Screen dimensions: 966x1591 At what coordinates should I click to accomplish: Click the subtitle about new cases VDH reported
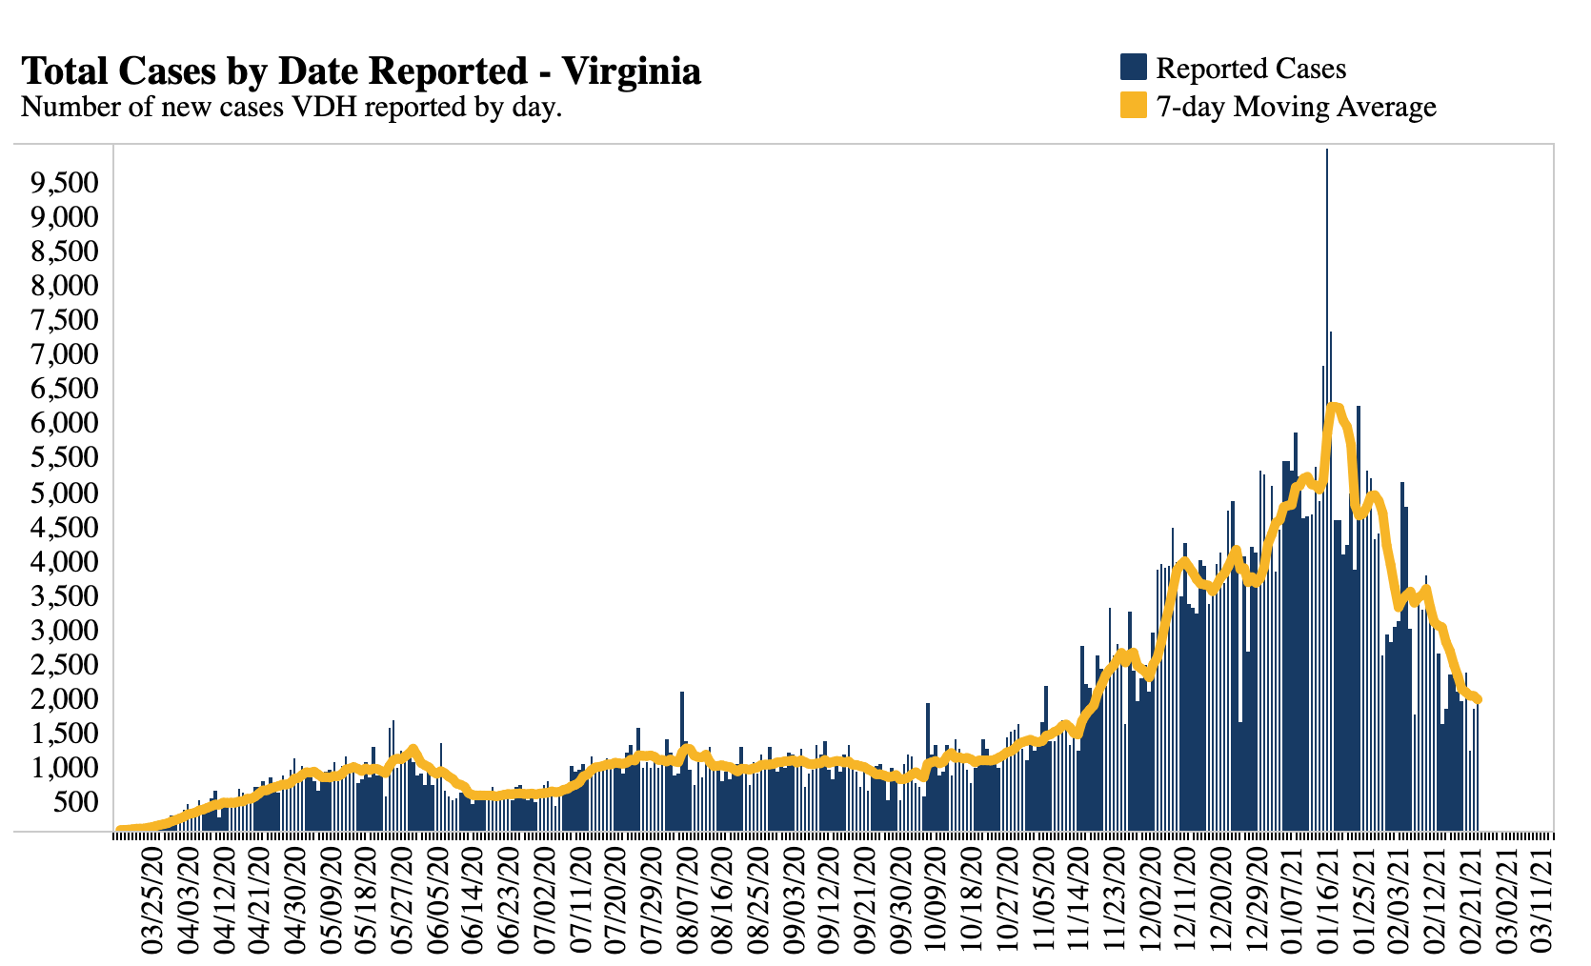[292, 107]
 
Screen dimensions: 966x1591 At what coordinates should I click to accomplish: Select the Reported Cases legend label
[1250, 69]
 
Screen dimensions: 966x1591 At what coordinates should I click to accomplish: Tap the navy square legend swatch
[1133, 68]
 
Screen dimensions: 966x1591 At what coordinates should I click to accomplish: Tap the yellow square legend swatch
[1133, 106]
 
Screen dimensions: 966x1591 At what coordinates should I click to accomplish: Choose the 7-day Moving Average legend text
[1296, 107]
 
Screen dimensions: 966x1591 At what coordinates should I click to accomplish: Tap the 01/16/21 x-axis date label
[1331, 900]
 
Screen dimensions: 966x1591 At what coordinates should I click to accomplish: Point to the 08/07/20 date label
[687, 900]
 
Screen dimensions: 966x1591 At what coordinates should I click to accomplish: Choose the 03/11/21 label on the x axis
[1545, 900]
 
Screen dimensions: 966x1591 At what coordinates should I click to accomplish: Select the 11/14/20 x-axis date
[1080, 900]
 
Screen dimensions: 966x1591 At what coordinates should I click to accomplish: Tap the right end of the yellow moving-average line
[1478, 700]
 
